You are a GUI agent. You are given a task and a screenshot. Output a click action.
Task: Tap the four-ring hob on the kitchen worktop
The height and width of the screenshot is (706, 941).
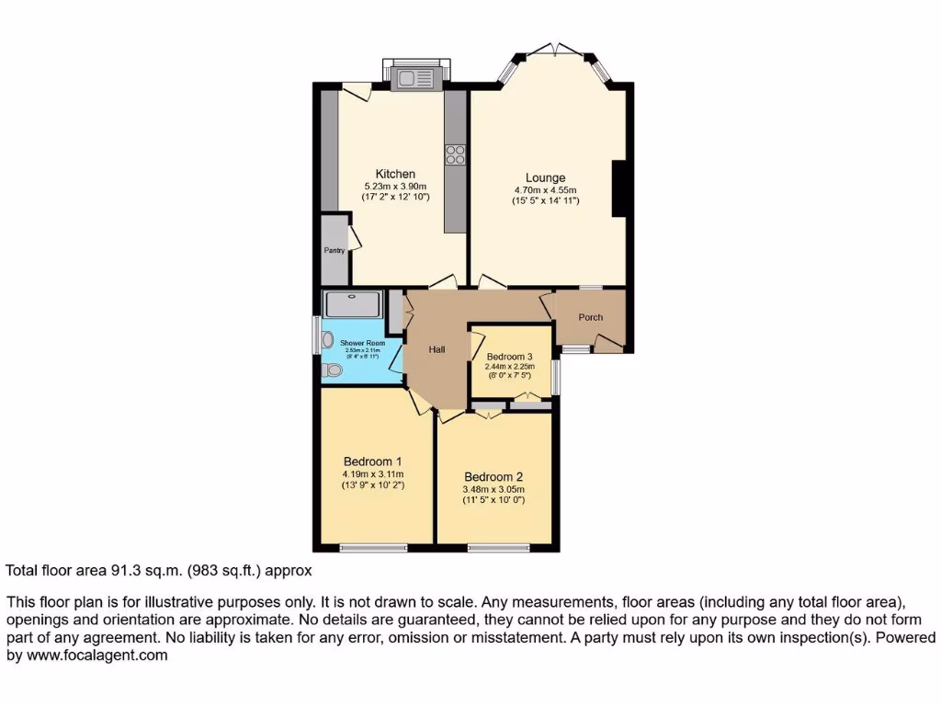coord(455,154)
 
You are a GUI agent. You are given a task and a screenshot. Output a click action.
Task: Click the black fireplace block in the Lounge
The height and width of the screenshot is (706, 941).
coord(619,188)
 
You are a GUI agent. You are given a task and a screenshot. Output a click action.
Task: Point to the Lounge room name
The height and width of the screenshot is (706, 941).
coord(545,177)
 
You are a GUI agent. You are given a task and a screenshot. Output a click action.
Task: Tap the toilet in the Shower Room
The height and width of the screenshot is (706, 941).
coord(333,370)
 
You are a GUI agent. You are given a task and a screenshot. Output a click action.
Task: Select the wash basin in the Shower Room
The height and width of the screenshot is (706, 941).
coord(328,340)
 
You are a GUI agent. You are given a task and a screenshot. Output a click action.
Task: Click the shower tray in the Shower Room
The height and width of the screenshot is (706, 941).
coord(353,302)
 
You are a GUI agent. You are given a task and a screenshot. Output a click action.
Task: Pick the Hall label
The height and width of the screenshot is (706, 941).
coord(437,349)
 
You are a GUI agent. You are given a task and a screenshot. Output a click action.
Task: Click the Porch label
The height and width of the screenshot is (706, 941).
coord(590,317)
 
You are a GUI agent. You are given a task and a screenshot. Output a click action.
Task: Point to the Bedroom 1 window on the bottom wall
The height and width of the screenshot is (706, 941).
coord(373,548)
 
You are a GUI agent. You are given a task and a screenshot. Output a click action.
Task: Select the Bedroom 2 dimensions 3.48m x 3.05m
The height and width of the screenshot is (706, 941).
coord(493,489)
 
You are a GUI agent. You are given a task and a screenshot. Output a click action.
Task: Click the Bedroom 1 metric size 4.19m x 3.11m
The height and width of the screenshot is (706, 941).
coord(372,473)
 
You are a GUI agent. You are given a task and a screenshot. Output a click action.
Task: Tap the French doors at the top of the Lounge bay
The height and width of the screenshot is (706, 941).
coord(555,48)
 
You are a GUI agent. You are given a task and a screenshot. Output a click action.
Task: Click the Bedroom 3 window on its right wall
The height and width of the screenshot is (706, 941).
coord(556,376)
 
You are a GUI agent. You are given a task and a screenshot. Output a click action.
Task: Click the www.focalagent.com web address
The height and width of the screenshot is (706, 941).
coord(96,655)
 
